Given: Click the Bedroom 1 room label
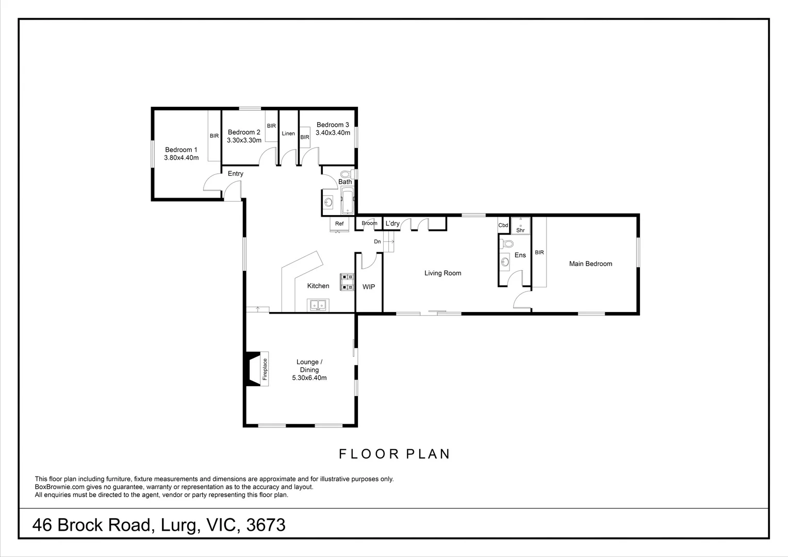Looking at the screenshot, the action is click(x=181, y=150).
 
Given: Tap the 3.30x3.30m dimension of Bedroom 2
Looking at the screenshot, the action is click(x=244, y=140).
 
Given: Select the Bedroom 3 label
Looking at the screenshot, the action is click(x=333, y=125).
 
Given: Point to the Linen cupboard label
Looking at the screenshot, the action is click(x=288, y=134).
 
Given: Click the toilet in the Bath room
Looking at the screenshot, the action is click(x=348, y=174).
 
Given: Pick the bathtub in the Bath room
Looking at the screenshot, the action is click(x=348, y=200).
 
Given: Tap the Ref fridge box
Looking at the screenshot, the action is click(x=339, y=224).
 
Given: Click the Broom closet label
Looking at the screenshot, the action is click(x=369, y=223).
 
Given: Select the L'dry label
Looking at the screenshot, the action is click(x=392, y=223).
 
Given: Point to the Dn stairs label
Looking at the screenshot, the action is click(x=377, y=241).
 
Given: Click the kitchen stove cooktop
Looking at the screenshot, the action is click(x=347, y=282).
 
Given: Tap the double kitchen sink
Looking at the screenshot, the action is click(x=318, y=305).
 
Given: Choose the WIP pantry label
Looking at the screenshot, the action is click(x=369, y=287).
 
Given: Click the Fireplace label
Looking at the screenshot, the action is click(x=265, y=369).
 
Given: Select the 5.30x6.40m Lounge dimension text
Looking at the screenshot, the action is click(x=309, y=378).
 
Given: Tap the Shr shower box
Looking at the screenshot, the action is click(x=521, y=226).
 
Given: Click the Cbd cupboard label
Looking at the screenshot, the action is click(x=503, y=225).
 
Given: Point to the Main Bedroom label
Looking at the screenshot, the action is click(x=590, y=264).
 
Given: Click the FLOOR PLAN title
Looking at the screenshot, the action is click(x=395, y=454).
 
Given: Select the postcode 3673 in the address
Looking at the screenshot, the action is click(x=266, y=525).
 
